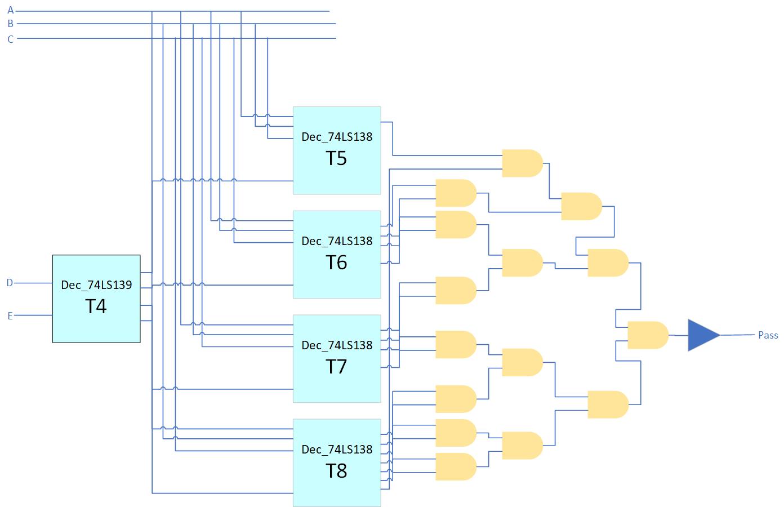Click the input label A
(x=10, y=11)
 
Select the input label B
(x=10, y=24)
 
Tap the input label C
(x=10, y=39)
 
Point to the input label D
(x=10, y=283)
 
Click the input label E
(x=10, y=316)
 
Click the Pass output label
(x=768, y=335)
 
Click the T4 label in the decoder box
(x=96, y=306)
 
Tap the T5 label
(x=336, y=158)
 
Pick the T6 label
(x=336, y=263)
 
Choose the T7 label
(x=336, y=367)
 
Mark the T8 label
(x=336, y=471)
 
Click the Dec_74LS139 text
(x=96, y=285)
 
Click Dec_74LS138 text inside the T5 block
(x=337, y=137)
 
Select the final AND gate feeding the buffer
(x=647, y=335)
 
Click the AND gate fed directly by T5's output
(x=522, y=163)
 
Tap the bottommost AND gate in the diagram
(x=456, y=466)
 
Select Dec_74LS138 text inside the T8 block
(x=337, y=450)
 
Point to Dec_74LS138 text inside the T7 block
(x=337, y=345)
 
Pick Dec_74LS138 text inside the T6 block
(x=337, y=241)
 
